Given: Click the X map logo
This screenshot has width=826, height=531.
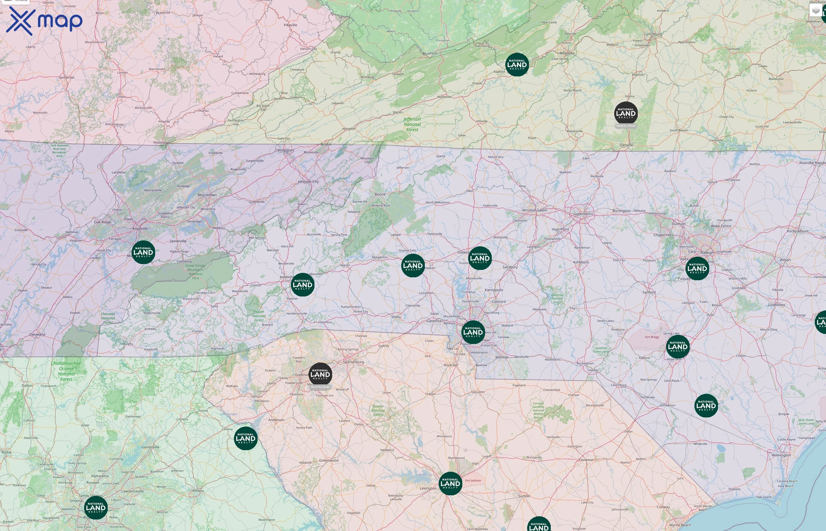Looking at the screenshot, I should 44,21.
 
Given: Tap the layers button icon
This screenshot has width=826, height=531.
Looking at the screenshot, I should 815,11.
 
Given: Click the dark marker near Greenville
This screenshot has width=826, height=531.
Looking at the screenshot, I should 320,374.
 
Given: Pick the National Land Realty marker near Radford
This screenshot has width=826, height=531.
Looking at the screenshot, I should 517,65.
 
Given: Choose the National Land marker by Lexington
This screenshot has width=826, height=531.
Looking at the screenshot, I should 450,484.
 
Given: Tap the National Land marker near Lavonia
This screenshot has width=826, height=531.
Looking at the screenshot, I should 245,439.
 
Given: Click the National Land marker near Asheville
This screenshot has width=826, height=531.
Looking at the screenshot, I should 302,285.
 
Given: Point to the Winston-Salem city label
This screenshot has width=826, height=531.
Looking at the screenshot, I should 534,210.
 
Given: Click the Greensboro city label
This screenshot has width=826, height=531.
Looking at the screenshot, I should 583,214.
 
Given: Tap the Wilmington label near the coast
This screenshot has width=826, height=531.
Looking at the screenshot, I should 781,455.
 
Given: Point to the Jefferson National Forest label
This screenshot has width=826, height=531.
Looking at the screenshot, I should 412,124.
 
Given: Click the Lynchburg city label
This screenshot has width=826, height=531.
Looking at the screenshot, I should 653,34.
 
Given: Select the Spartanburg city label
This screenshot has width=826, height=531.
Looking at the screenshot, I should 353,362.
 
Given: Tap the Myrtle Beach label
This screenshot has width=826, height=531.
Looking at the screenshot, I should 680,525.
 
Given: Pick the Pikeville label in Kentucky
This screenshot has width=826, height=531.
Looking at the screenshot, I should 290,25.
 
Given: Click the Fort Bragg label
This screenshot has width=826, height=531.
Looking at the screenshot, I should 652,337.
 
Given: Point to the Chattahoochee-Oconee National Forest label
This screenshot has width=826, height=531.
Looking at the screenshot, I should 66,371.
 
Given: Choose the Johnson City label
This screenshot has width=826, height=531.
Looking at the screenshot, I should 308,182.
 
